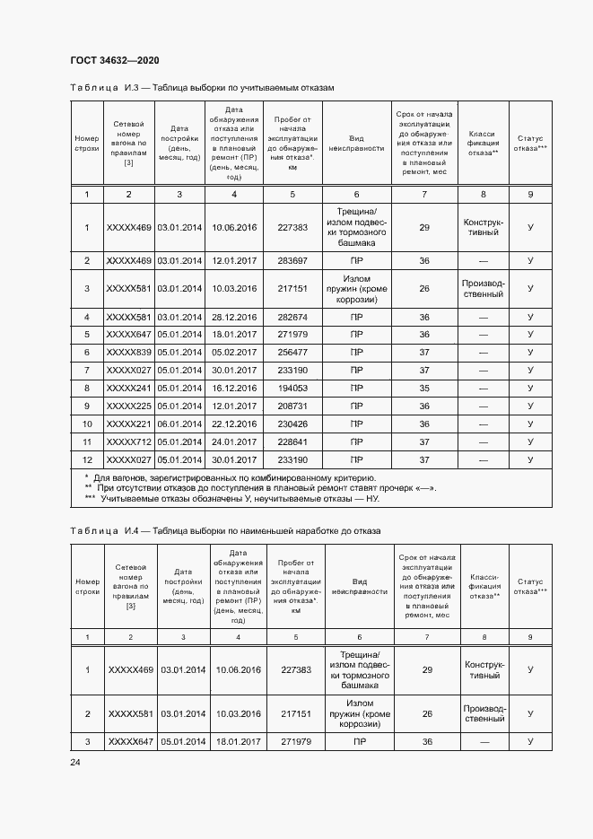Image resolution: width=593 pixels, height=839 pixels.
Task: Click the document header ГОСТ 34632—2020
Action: click(x=115, y=60)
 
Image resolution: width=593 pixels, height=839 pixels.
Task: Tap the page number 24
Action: click(x=75, y=762)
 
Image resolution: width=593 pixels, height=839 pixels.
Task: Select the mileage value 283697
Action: click(x=292, y=260)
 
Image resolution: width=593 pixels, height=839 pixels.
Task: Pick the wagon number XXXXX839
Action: click(x=129, y=352)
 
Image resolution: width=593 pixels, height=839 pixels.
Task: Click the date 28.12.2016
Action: click(x=234, y=317)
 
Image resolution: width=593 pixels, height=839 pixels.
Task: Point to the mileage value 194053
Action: click(x=292, y=388)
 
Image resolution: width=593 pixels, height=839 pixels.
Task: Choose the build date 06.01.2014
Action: click(x=179, y=424)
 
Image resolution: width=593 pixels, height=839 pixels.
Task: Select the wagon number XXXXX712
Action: click(x=129, y=441)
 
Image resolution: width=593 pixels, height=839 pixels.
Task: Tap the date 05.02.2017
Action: click(x=234, y=352)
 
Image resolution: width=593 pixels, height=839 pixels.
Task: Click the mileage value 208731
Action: click(x=292, y=406)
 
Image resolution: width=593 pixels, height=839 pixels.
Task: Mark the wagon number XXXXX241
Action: click(x=129, y=388)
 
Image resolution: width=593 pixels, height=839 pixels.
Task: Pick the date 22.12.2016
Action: click(x=234, y=424)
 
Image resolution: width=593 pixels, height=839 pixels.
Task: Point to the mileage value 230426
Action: click(x=292, y=424)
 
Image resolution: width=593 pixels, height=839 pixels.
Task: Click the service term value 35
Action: click(x=424, y=388)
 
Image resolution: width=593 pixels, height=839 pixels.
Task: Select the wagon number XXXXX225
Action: click(x=129, y=406)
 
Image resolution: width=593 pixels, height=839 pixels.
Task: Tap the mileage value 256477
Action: click(x=292, y=352)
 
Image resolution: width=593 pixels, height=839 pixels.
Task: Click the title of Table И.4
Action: click(x=225, y=531)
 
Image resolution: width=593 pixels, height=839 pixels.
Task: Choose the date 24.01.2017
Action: click(x=234, y=441)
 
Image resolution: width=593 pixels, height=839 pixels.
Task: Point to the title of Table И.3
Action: click(x=202, y=88)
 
